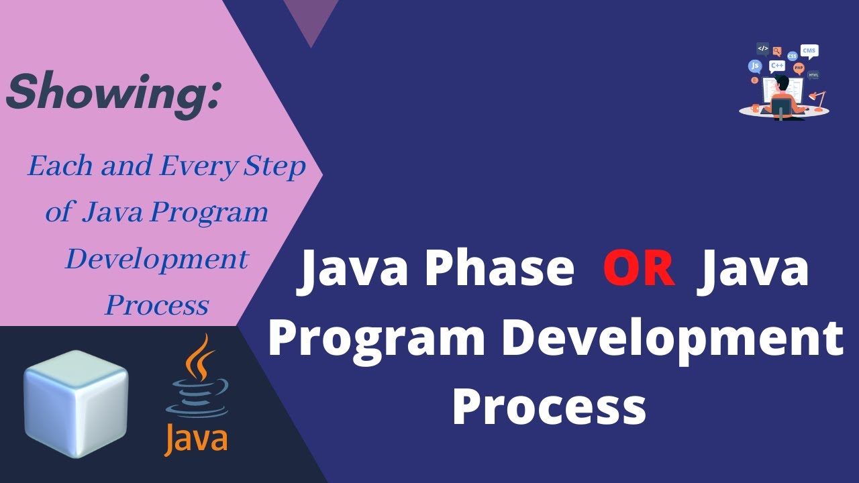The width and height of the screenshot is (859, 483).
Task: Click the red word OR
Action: click(x=639, y=269)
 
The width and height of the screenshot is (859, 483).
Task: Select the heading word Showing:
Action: click(x=113, y=93)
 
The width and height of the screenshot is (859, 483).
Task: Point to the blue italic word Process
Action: click(x=156, y=305)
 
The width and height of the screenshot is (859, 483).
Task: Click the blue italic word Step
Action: click(x=274, y=166)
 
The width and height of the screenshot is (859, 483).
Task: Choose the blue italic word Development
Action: click(x=156, y=259)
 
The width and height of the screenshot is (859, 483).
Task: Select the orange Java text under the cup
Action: click(x=196, y=440)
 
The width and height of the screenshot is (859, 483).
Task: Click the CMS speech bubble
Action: click(x=809, y=52)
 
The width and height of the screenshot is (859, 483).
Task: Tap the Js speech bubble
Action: click(x=755, y=66)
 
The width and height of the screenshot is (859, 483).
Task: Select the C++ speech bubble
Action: click(x=777, y=66)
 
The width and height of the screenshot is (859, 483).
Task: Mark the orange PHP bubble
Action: click(x=798, y=68)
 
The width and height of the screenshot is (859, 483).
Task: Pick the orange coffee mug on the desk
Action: click(x=756, y=107)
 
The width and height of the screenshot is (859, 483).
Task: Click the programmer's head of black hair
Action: click(x=782, y=83)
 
